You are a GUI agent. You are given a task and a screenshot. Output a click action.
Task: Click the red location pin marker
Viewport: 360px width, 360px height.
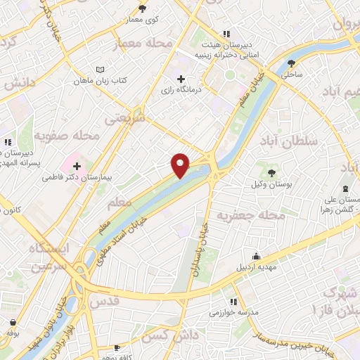coord(181,165)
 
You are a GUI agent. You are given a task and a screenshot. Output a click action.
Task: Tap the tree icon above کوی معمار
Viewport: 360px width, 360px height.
coord(143,8)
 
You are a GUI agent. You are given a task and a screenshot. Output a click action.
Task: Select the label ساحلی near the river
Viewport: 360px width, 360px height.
coord(291,72)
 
